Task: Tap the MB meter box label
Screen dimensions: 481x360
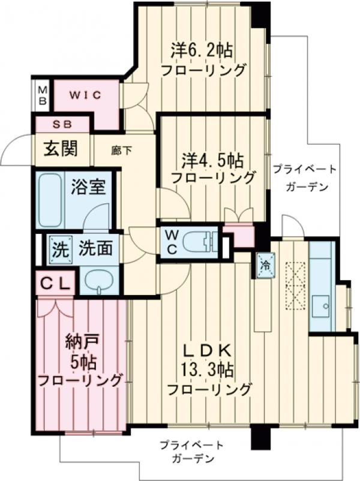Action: click(x=43, y=95)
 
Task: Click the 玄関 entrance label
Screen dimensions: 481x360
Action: click(x=61, y=149)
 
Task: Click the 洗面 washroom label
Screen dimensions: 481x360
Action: click(x=94, y=248)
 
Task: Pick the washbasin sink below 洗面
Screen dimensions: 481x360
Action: click(x=97, y=278)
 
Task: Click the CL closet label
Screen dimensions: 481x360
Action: click(x=56, y=281)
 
